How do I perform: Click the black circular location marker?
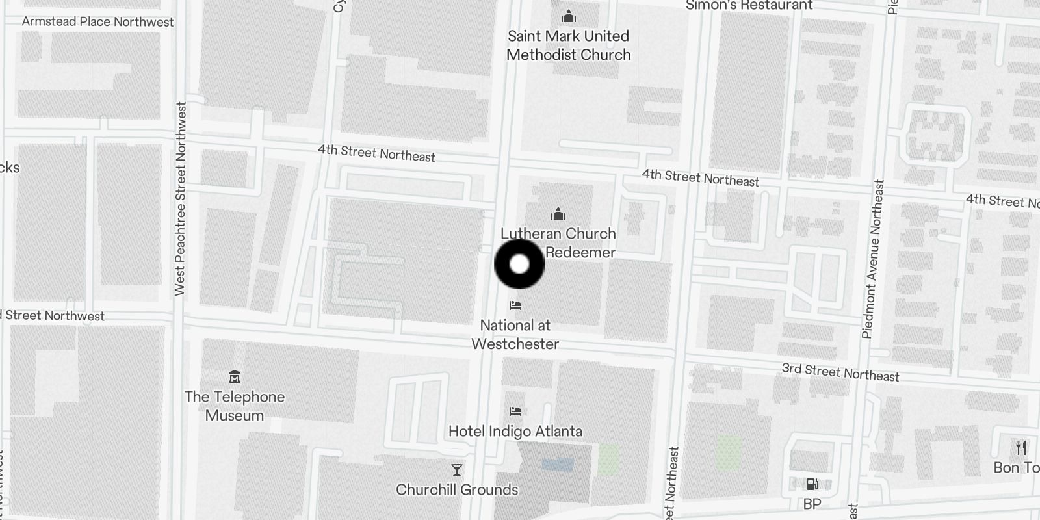(519, 264)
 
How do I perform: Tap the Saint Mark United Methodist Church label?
(568, 45)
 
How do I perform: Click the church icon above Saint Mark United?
(569, 16)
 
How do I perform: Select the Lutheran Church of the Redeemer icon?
(558, 214)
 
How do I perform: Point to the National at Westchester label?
(515, 334)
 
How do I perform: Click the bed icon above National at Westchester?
(515, 305)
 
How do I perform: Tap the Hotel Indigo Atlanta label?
(515, 431)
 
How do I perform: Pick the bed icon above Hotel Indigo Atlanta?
(515, 411)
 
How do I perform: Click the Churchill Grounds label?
(457, 489)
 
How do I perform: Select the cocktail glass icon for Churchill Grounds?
(457, 469)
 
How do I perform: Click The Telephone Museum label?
(235, 406)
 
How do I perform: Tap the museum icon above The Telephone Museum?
(235, 376)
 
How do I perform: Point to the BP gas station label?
(812, 504)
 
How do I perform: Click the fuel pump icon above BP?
(812, 484)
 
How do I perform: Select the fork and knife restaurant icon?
(1021, 447)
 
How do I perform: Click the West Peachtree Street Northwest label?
(180, 198)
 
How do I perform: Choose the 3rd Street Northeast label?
(840, 372)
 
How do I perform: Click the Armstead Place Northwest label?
(97, 21)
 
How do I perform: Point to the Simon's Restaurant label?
(749, 5)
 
